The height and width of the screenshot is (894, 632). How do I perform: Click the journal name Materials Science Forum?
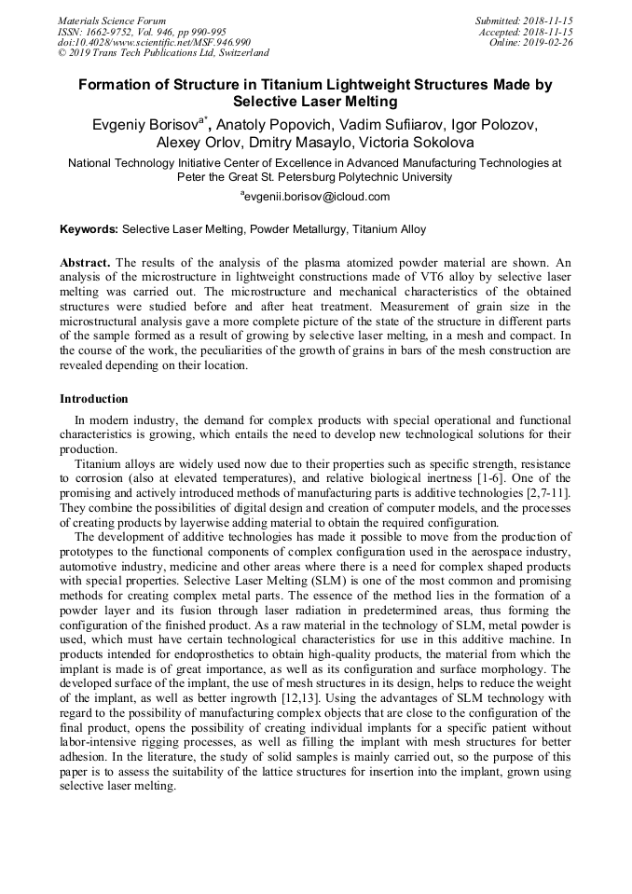tap(112, 21)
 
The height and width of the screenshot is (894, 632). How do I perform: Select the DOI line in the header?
tap(154, 43)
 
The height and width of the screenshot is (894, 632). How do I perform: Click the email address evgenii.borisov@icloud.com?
tap(317, 197)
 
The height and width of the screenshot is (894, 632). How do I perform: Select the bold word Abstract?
tap(85, 264)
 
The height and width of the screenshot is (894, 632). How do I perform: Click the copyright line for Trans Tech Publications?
tap(163, 54)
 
